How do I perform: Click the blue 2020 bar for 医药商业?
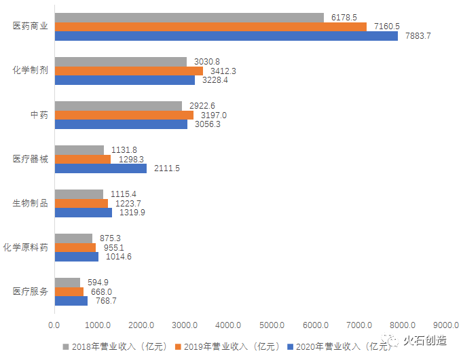[x=226, y=36]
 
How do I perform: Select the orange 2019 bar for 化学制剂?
[x=128, y=71]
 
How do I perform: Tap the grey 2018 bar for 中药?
[x=118, y=105]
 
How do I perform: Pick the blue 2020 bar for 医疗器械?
[x=100, y=168]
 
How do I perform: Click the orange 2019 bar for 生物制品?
[x=81, y=203]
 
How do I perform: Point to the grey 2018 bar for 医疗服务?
[x=67, y=282]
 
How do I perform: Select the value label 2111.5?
[x=167, y=168]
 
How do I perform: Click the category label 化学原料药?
[x=26, y=247]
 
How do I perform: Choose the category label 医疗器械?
[x=31, y=159]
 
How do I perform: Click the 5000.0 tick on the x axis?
[x=272, y=324]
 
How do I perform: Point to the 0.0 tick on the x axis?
[x=54, y=324]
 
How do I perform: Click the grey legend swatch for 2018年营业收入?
[x=67, y=345]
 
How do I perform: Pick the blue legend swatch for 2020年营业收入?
[x=291, y=345]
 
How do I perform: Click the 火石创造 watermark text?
[x=425, y=340]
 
